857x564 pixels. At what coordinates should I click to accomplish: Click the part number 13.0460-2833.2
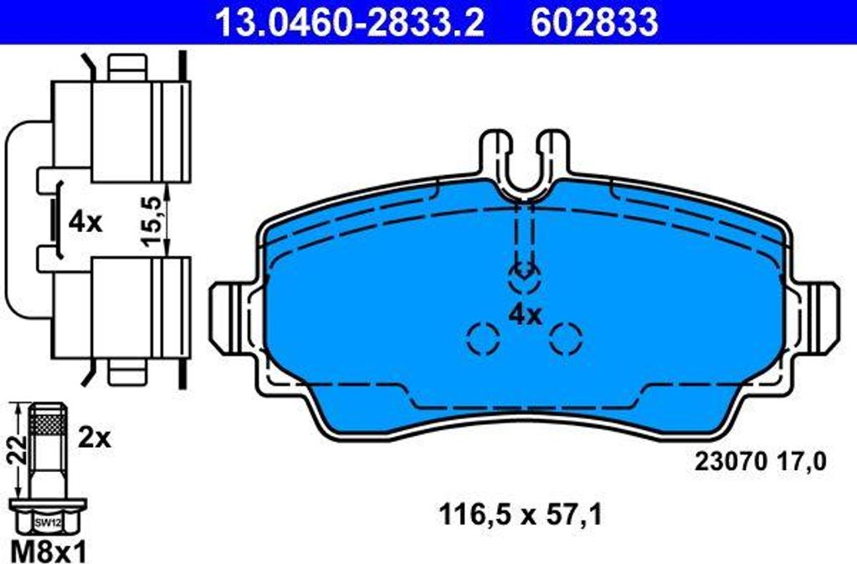(351, 23)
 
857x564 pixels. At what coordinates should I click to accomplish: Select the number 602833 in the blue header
(595, 23)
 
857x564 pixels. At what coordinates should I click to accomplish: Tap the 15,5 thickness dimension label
(152, 220)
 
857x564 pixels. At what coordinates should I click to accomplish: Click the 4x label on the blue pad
(526, 315)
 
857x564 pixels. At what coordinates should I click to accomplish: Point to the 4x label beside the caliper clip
(85, 223)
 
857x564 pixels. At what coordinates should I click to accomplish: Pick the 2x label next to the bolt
(94, 438)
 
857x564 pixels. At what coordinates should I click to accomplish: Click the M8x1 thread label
(49, 551)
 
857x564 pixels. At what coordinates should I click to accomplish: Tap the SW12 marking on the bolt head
(48, 523)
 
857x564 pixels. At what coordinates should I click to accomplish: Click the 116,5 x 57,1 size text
(521, 515)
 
